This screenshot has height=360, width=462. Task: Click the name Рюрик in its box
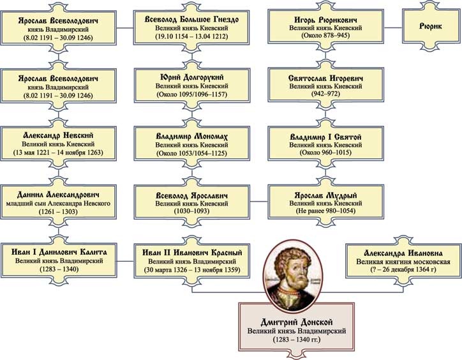(x=431, y=26)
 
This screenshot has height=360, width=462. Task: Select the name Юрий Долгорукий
(x=192, y=77)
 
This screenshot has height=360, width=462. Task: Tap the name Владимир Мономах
(x=192, y=137)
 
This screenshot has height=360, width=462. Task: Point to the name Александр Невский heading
(x=58, y=135)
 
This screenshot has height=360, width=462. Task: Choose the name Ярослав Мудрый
(x=325, y=195)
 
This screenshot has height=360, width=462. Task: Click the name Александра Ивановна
(x=403, y=253)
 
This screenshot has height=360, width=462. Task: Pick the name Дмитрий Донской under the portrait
(x=297, y=322)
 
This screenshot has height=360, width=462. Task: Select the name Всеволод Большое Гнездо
(x=191, y=19)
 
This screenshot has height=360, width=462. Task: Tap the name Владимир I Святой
(x=325, y=137)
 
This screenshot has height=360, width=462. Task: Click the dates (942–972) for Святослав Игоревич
(x=325, y=94)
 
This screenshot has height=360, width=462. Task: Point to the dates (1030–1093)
(x=191, y=211)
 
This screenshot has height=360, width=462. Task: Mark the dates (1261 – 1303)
(x=58, y=211)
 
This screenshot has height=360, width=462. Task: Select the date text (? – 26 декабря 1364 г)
(x=403, y=269)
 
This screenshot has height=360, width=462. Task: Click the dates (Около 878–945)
(x=325, y=35)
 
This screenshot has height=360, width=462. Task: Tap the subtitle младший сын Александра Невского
(x=58, y=203)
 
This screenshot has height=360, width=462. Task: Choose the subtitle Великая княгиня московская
(x=403, y=262)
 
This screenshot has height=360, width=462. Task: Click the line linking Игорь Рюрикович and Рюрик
(x=393, y=27)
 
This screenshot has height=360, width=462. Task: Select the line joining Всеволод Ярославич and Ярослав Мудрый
(x=259, y=202)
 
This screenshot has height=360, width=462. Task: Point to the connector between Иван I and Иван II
(x=126, y=261)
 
